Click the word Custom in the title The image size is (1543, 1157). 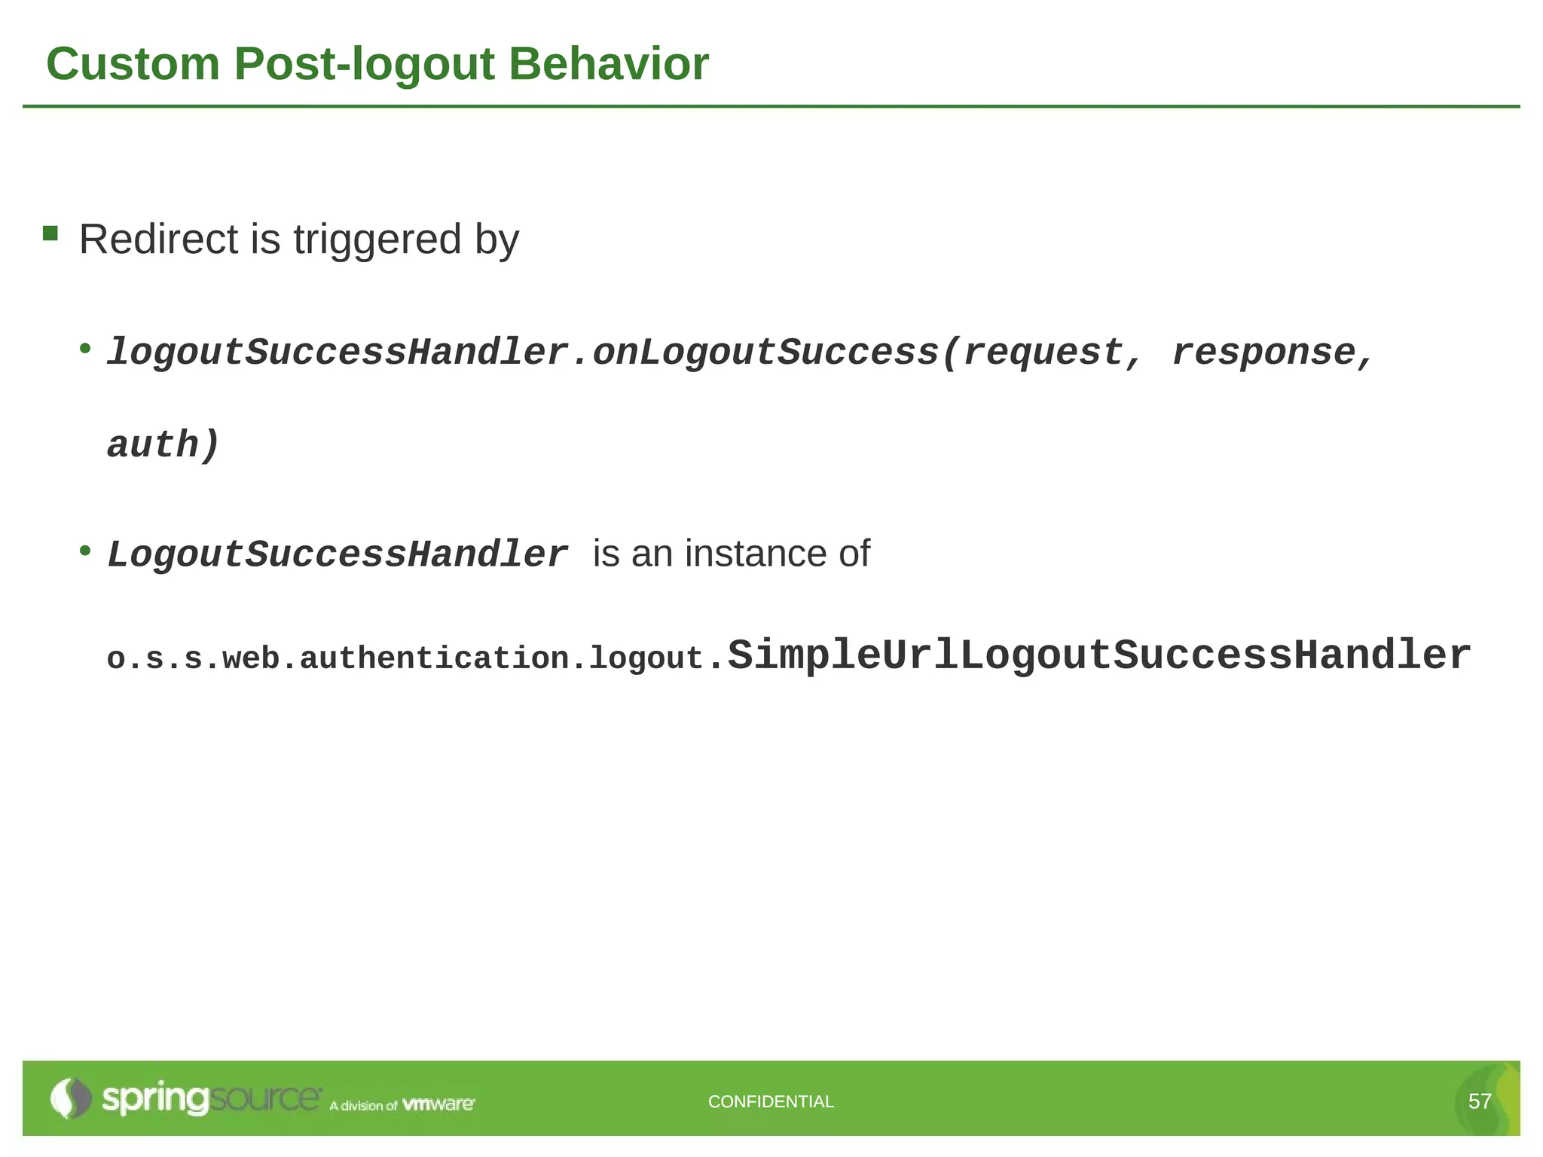pyautogui.click(x=133, y=64)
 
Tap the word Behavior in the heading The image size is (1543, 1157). pyautogui.click(x=609, y=64)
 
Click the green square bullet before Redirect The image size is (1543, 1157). pyautogui.click(x=50, y=234)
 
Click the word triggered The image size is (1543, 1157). pyautogui.click(x=377, y=241)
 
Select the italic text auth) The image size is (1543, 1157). pyautogui.click(x=163, y=444)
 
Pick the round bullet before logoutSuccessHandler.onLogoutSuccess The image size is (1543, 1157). pyautogui.click(x=86, y=348)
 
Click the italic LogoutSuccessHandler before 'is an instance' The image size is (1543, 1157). pyautogui.click(x=337, y=554)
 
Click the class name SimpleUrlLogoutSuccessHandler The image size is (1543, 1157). pyautogui.click(x=1098, y=655)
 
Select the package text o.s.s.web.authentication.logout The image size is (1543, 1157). pyautogui.click(x=405, y=658)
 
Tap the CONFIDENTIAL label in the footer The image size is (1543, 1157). pyautogui.click(x=771, y=1101)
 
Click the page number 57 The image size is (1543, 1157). pyautogui.click(x=1479, y=1101)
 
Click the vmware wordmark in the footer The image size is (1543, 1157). pyautogui.click(x=438, y=1104)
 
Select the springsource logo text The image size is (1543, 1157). pyautogui.click(x=211, y=1099)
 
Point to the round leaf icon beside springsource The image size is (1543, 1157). pyautogui.click(x=70, y=1098)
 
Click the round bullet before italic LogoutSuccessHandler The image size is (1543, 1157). pyautogui.click(x=86, y=551)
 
